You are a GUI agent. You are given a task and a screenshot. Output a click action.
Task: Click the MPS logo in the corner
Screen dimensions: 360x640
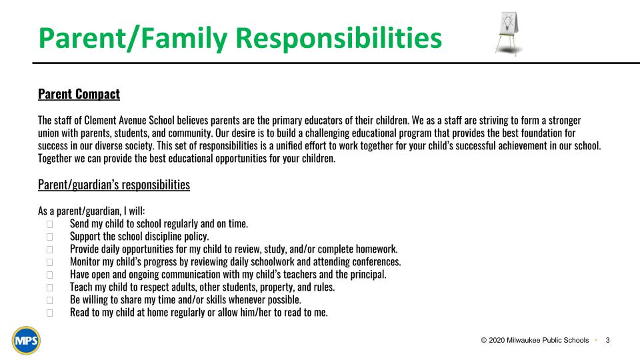(26, 341)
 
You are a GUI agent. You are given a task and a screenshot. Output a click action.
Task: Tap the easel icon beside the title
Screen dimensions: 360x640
(509, 31)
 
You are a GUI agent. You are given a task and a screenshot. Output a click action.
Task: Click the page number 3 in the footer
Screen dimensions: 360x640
(607, 341)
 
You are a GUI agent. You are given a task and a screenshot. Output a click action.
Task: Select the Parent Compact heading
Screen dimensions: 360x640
(79, 94)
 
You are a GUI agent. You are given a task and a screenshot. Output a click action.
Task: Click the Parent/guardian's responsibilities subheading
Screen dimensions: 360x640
(114, 185)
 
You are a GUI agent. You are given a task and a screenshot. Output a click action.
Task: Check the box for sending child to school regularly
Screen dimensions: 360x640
(49, 224)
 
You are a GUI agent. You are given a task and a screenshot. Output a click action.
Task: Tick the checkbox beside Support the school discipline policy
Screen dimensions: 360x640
(49, 237)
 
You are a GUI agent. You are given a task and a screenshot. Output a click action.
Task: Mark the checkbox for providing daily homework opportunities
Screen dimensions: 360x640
(49, 249)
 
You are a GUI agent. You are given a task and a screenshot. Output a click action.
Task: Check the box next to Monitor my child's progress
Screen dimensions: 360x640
(49, 262)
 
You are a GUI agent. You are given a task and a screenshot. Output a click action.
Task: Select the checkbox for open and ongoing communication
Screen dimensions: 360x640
(49, 275)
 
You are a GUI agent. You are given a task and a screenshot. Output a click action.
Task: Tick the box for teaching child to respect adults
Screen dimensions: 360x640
(49, 287)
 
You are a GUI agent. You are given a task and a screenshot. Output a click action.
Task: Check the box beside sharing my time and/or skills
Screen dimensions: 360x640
(49, 300)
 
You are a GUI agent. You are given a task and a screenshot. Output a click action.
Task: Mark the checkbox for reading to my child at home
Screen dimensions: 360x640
(49, 313)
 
